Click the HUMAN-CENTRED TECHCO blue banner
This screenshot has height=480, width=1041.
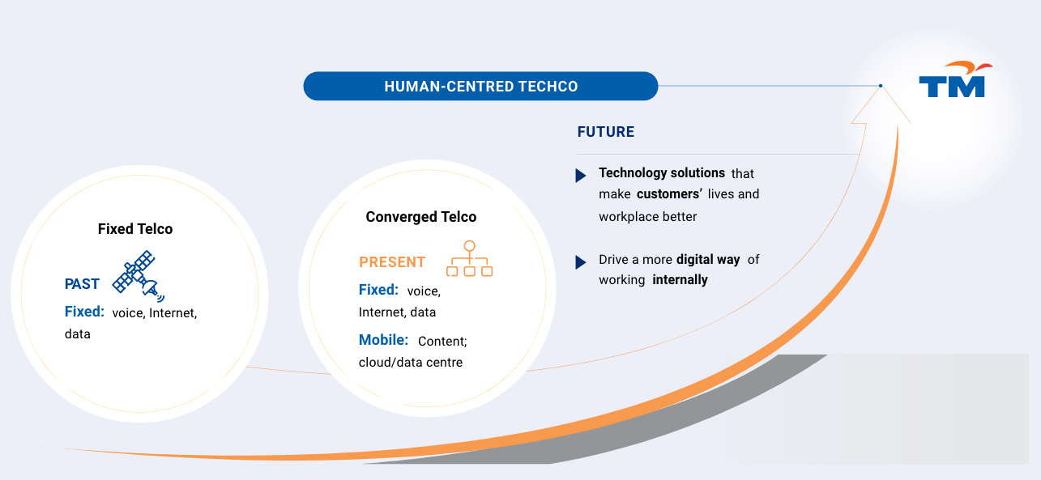480,86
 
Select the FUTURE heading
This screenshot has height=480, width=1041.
605,132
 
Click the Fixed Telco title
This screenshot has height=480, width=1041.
135,229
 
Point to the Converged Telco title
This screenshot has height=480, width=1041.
421,217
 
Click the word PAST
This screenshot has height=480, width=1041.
82,284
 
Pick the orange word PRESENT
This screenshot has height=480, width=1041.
392,262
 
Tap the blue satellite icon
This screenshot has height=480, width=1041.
139,277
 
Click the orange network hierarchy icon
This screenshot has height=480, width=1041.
469,258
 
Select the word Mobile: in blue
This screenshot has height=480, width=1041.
383,340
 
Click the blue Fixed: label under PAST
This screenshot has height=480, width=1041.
84,312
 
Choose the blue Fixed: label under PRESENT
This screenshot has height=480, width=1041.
378,290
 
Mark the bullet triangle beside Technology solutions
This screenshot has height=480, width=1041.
581,176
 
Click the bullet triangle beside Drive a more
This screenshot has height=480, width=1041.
581,262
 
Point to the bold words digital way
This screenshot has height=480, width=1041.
708,260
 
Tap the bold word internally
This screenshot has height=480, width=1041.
680,280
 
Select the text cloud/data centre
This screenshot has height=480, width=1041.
411,362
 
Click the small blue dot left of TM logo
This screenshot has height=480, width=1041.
881,86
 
